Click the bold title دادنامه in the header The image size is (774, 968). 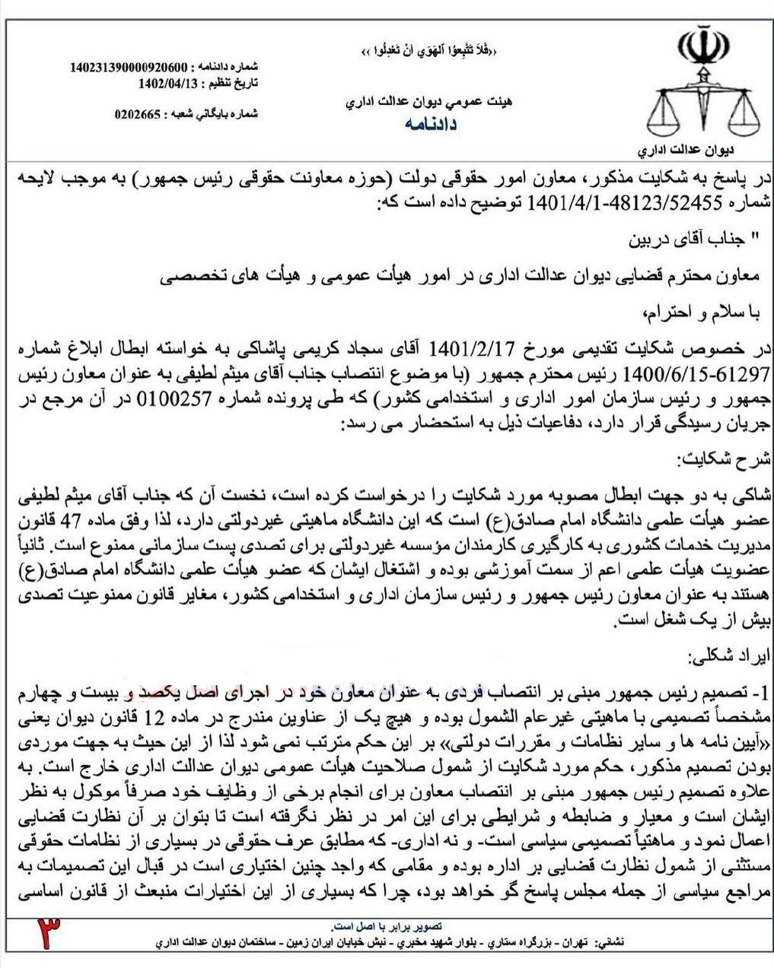(431, 124)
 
